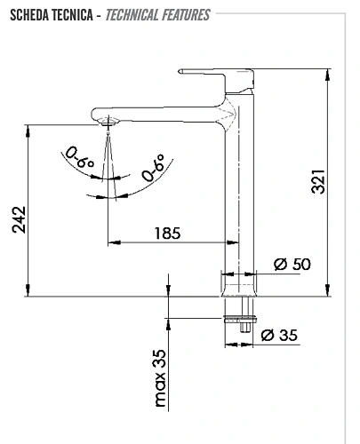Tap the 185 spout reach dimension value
[167, 234]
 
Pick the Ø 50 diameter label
[292, 264]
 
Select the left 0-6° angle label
[78, 160]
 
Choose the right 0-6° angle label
[154, 167]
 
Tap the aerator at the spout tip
[108, 124]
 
